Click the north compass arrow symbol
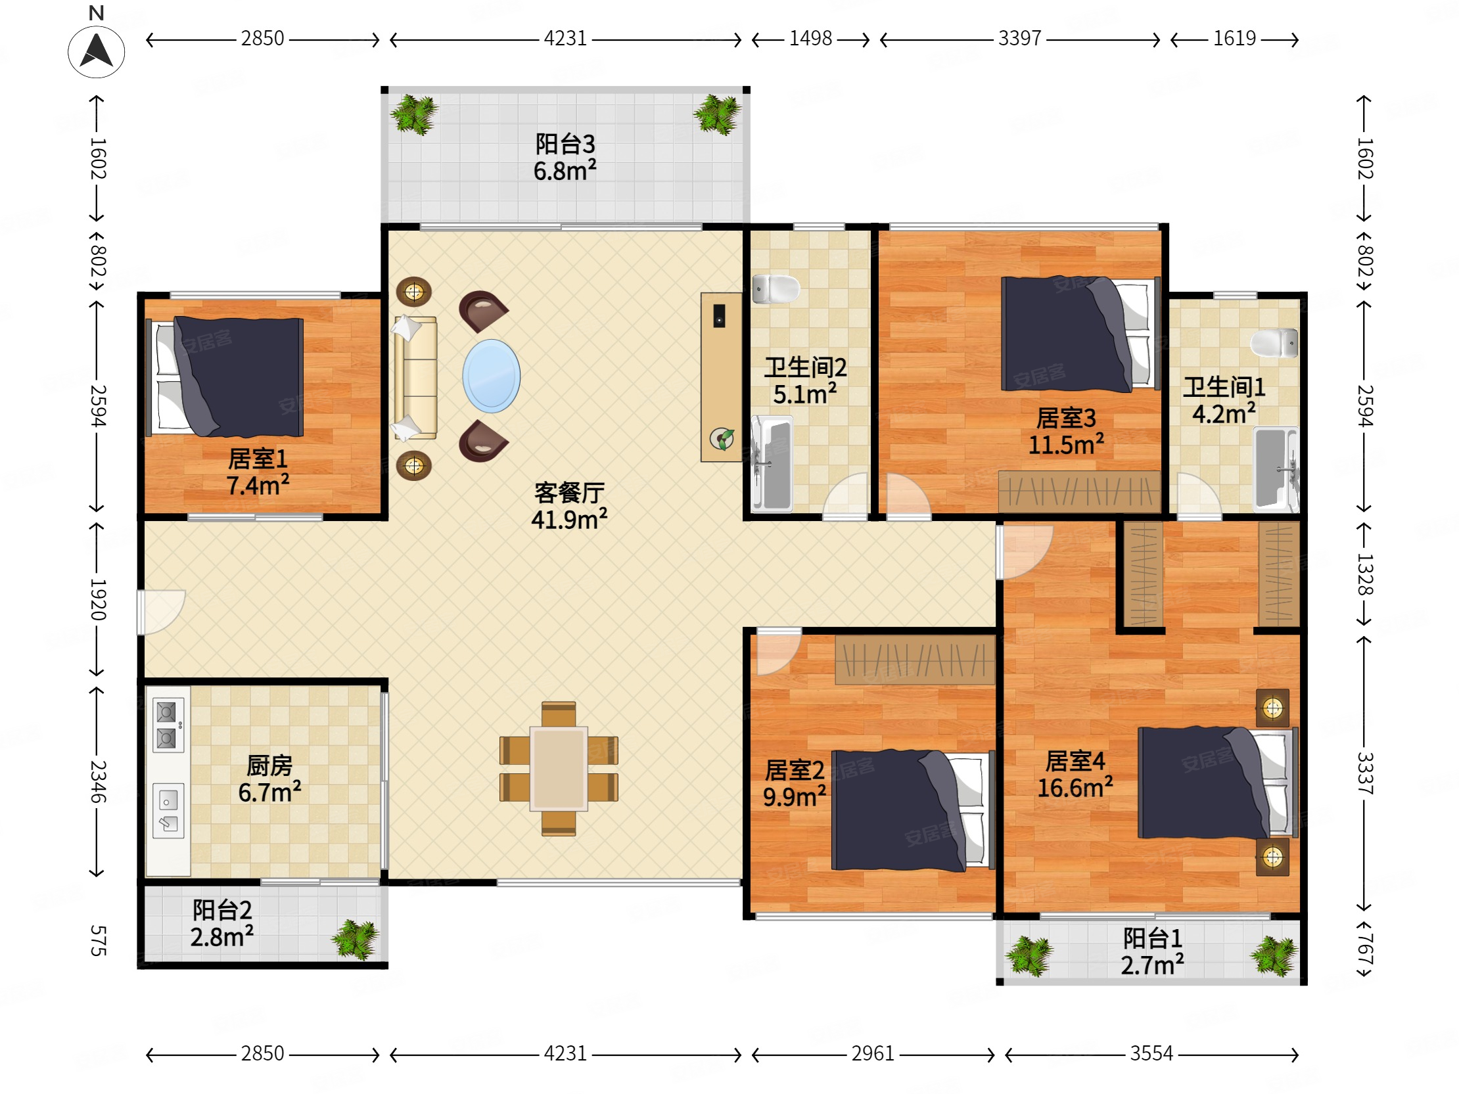tap(97, 51)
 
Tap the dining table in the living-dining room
tap(559, 768)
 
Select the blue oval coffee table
tap(492, 376)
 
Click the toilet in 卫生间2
tap(776, 289)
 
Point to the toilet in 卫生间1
tap(1274, 343)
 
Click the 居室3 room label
tap(1066, 418)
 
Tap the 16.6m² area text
tap(1075, 787)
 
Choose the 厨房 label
tap(269, 765)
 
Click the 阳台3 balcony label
tap(565, 144)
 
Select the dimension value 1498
tap(810, 39)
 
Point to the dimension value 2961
tap(873, 1053)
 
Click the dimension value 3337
tap(1364, 773)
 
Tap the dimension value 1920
tap(98, 599)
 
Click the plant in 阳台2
tap(356, 939)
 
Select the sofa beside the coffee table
tap(415, 377)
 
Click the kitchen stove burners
tap(167, 725)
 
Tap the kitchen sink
tap(168, 810)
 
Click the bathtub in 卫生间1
tap(1276, 470)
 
